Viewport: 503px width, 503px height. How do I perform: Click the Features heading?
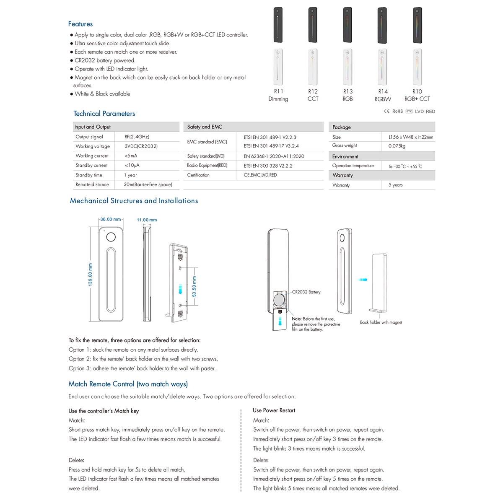tap(80, 24)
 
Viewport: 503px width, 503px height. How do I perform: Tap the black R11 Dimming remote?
tap(278, 25)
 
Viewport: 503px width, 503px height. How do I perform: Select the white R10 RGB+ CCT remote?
tap(417, 67)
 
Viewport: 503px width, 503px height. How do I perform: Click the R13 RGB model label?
tap(347, 95)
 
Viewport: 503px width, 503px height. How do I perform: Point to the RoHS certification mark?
tap(397, 111)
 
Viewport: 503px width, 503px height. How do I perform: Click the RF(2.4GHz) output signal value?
tap(137, 137)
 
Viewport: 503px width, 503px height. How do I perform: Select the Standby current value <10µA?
tap(132, 165)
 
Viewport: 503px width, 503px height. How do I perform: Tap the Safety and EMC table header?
tap(205, 127)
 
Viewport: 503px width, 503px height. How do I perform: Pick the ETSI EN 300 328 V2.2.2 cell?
tap(268, 166)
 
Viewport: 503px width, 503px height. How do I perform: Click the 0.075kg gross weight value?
tap(397, 146)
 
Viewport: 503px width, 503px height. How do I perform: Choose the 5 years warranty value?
tap(395, 185)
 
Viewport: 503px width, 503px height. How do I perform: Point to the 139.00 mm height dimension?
tap(90, 275)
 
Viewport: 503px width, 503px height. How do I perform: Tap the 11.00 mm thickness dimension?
tap(147, 220)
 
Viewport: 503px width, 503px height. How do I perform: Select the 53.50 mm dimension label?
tap(194, 286)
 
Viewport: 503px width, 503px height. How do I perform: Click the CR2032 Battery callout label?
tap(306, 292)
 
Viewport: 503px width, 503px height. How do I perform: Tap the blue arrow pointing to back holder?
tap(363, 280)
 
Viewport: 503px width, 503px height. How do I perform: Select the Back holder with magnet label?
tap(381, 322)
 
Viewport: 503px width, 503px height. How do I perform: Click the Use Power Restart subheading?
tap(274, 410)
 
